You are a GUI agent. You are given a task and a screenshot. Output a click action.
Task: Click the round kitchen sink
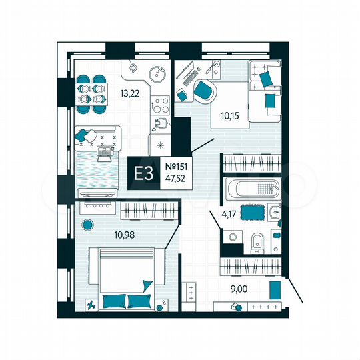157,74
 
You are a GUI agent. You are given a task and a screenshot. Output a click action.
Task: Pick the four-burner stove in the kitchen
161,105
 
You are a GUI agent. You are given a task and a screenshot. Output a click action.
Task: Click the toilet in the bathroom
257,241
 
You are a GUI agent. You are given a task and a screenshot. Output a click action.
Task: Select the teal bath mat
250,213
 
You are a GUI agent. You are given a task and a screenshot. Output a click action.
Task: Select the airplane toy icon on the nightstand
91,304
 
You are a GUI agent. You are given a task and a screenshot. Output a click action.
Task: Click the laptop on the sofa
104,153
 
